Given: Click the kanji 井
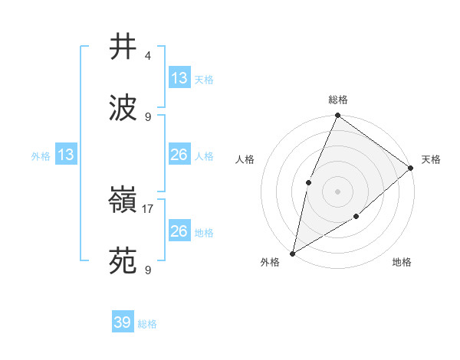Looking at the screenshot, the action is [123, 47].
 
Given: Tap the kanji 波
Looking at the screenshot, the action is [123, 108].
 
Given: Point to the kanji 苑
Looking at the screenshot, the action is [123, 262].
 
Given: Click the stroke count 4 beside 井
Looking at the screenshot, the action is [148, 56].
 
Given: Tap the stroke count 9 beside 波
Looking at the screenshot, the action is [148, 116].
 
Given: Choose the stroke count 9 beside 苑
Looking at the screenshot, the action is [148, 270].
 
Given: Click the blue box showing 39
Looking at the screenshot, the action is [123, 322].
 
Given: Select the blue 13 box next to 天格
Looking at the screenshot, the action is [179, 78].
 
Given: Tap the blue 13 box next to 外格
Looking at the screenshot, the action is [66, 155].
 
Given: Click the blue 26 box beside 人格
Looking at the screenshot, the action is [179, 155].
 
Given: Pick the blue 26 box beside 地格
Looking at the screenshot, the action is [179, 231].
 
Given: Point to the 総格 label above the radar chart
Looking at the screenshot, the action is [338, 100].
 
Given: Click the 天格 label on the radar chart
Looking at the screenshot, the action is [432, 159].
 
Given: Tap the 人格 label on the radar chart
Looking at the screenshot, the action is [245, 159].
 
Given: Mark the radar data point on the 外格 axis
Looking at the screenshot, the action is [292, 253].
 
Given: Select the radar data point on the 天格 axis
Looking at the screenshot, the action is [411, 168].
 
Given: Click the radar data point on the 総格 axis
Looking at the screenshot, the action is [338, 116].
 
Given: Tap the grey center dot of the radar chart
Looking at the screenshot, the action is [338, 191].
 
